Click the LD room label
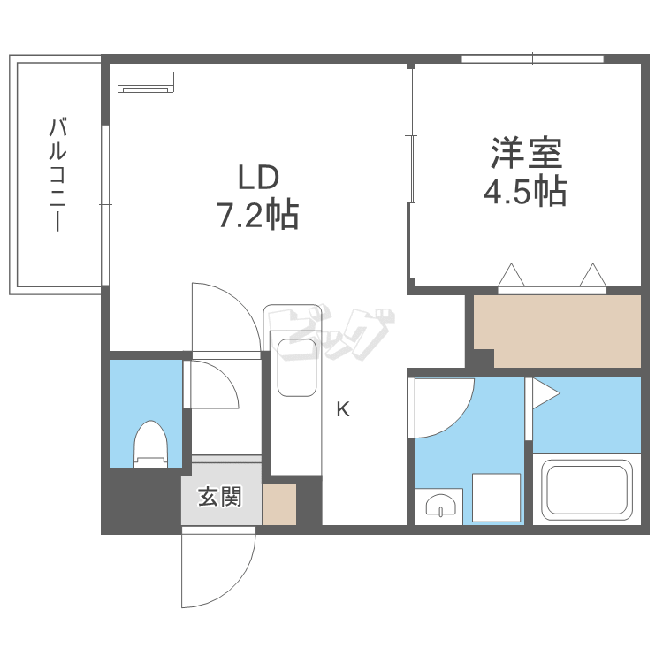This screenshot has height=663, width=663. pos(258,177)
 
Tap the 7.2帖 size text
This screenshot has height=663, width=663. pos(258,215)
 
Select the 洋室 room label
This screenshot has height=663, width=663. pos(527,154)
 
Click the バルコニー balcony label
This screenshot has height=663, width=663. pos(57,174)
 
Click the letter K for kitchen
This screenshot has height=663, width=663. pos(343,409)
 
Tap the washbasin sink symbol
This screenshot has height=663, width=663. pos(439,506)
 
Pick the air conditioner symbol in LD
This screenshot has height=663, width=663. pos(147,81)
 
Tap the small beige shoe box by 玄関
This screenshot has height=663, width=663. pos(279,504)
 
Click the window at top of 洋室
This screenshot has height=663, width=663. pos(532,59)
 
